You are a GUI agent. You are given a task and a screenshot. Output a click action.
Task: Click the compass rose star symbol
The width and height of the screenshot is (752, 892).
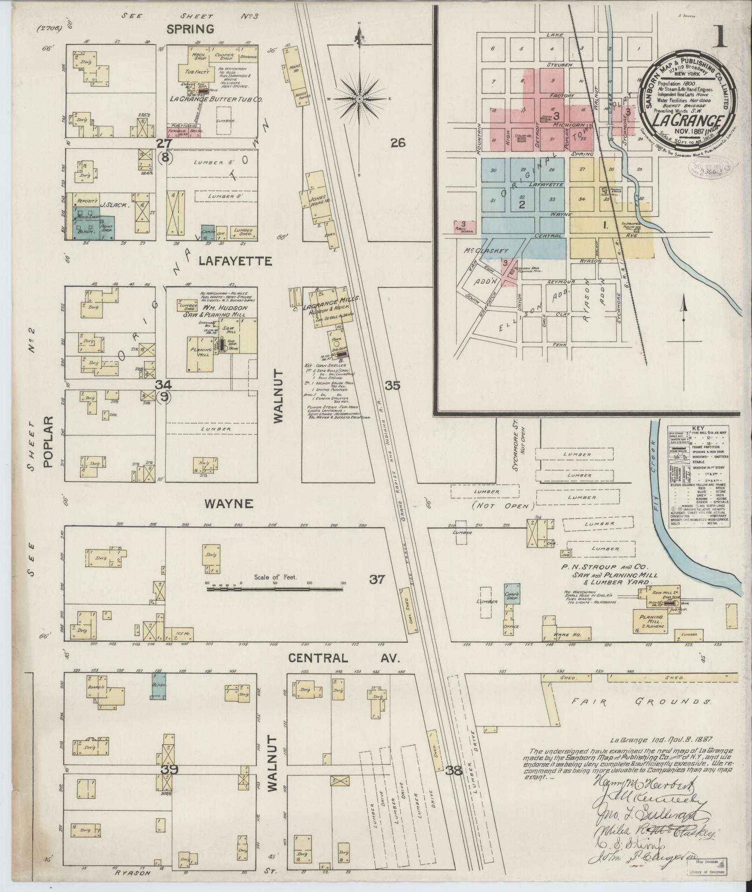point(360,99)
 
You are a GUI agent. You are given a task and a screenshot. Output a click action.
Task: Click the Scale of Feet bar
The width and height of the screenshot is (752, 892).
point(275,589)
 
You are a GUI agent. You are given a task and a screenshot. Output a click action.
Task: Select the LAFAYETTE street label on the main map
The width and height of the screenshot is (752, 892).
point(235,261)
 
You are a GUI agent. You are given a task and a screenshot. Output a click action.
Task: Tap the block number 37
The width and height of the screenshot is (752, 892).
point(377,580)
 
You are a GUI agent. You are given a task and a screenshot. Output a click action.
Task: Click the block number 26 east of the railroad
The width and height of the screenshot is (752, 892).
point(398,144)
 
